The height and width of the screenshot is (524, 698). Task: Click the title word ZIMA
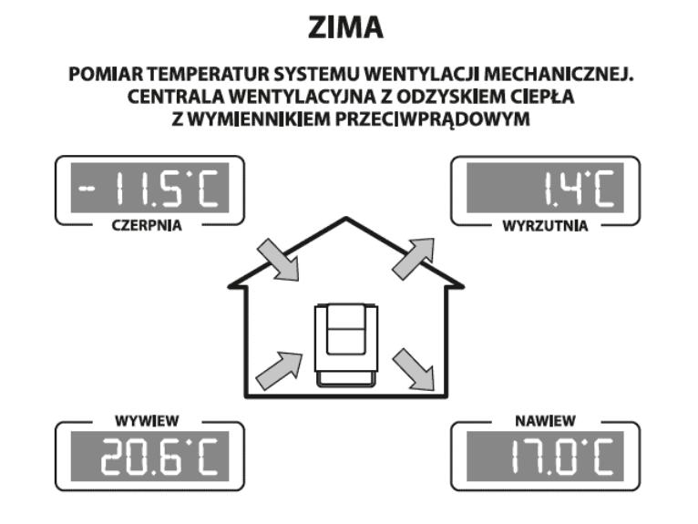[x=348, y=28]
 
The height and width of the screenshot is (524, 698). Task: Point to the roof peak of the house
[x=346, y=219]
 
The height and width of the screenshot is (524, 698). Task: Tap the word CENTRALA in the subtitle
[x=172, y=96]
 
